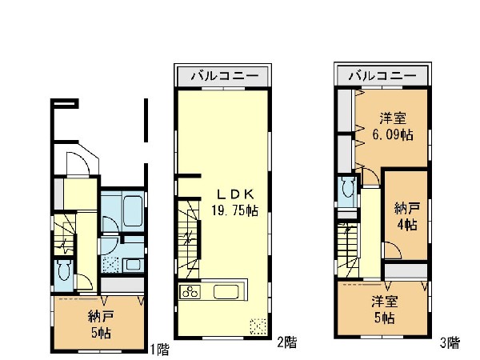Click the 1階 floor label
click(x=159, y=350)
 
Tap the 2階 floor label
click(x=287, y=342)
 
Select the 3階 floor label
click(x=450, y=342)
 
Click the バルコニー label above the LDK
click(x=224, y=76)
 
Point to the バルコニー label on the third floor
click(x=382, y=75)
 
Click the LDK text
click(x=235, y=194)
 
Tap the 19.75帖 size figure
click(x=234, y=210)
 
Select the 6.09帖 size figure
click(x=393, y=134)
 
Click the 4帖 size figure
click(x=407, y=225)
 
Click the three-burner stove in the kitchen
click(x=190, y=292)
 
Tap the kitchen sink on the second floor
click(x=226, y=292)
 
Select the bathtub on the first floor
click(x=133, y=211)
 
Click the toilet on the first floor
click(x=64, y=270)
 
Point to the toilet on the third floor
click(x=347, y=187)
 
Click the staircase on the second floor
click(x=189, y=238)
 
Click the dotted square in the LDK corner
click(x=258, y=326)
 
